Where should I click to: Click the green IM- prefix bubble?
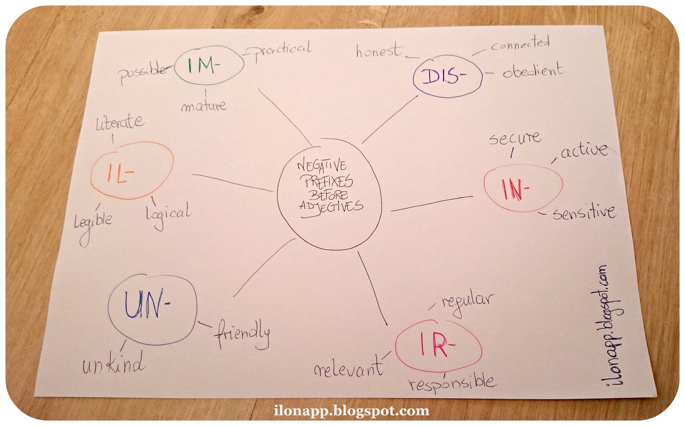click(x=209, y=65)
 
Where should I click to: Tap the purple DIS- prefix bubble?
click(x=447, y=76)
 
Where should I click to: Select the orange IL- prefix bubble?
click(x=132, y=171)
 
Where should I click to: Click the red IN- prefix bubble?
click(x=523, y=188)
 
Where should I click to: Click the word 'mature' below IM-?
click(x=203, y=105)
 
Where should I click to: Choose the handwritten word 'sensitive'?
click(x=584, y=212)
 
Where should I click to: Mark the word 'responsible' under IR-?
click(x=453, y=382)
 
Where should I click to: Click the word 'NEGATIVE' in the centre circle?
click(x=322, y=165)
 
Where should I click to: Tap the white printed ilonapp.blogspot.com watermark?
click(x=351, y=411)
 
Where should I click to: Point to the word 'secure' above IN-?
click(x=515, y=138)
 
